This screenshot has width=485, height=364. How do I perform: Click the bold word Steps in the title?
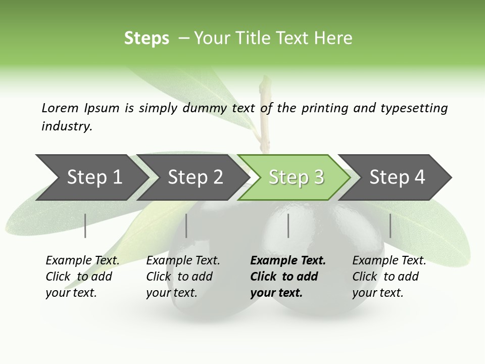(x=147, y=38)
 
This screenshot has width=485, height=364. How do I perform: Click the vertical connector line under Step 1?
(x=85, y=225)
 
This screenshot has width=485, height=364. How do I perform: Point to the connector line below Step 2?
(x=186, y=225)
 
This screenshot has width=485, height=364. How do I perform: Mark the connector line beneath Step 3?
(x=288, y=225)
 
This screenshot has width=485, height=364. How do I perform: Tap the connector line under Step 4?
(x=390, y=225)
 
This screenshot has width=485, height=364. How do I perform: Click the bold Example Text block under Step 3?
(x=287, y=277)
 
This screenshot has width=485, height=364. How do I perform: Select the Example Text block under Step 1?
(x=82, y=277)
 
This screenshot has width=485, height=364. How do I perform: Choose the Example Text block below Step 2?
(x=182, y=277)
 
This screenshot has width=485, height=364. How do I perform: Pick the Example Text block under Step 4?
(x=389, y=277)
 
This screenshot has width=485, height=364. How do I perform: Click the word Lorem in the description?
(x=60, y=108)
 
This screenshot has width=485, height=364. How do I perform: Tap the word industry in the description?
(x=67, y=126)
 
